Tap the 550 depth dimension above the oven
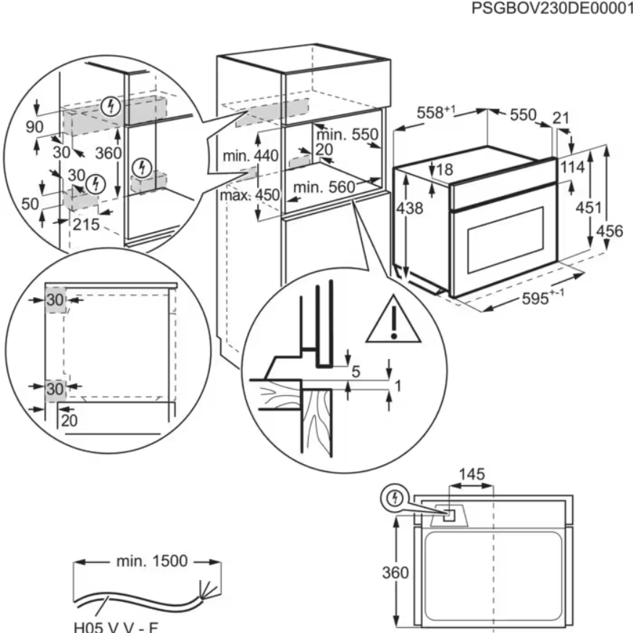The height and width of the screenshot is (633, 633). [522, 115]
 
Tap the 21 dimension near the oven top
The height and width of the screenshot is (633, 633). [561, 118]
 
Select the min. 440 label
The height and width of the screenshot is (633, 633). [251, 156]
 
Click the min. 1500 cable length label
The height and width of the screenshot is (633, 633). [151, 560]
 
